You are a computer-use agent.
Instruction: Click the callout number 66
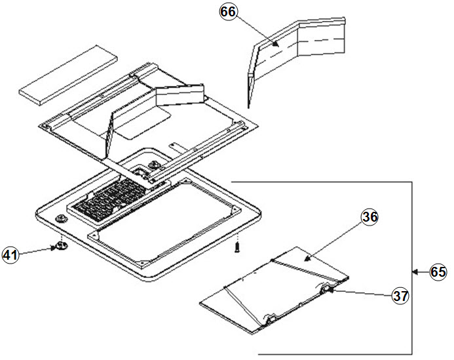click(229, 12)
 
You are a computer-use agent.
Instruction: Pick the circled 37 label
click(400, 296)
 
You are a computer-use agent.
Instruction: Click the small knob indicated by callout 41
click(61, 245)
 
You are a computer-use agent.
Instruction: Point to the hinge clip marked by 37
click(326, 290)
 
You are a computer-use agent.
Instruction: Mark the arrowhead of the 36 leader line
click(307, 260)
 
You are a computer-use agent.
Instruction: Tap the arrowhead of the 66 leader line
click(279, 45)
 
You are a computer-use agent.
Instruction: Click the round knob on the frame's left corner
click(60, 218)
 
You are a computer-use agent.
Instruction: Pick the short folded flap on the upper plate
click(178, 96)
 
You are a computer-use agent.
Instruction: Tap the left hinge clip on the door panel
click(270, 319)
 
